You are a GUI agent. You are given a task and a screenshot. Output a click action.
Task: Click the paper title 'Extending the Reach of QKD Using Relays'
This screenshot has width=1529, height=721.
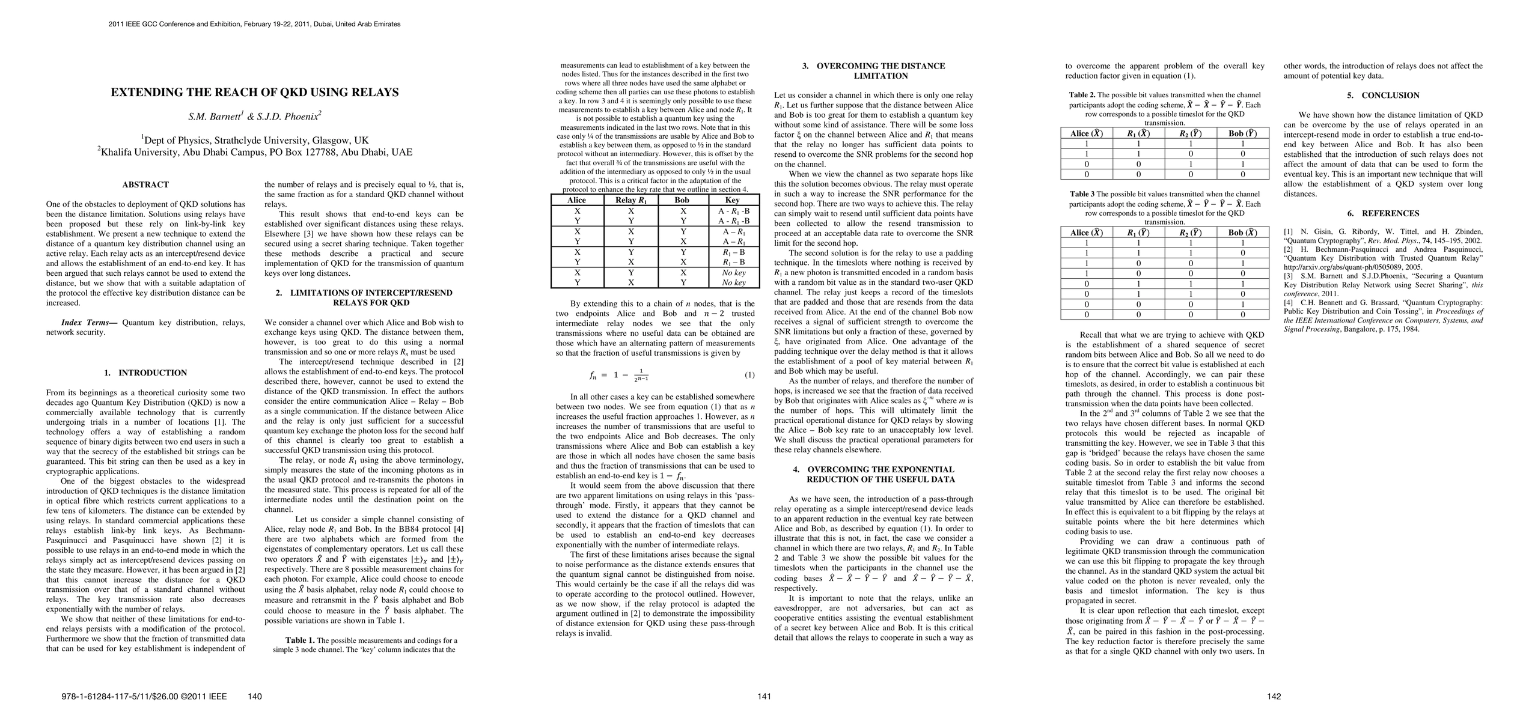click(254, 93)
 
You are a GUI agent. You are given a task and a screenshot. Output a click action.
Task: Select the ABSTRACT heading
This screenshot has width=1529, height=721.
click(145, 184)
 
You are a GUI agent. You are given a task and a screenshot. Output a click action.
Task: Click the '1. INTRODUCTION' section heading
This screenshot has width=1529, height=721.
click(145, 373)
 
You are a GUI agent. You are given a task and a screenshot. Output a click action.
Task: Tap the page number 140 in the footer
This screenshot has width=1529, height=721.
click(255, 696)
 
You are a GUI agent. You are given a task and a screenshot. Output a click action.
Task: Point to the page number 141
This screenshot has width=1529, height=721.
click(764, 696)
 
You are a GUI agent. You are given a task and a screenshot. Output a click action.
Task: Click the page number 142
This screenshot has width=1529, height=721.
click(1274, 696)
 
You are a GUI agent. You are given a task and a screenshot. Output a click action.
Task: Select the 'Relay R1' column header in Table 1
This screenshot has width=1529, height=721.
click(631, 200)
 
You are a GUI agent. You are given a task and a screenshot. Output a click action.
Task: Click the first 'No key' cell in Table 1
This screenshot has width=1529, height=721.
click(733, 273)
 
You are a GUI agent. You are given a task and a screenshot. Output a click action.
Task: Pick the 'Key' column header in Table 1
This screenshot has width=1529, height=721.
click(733, 200)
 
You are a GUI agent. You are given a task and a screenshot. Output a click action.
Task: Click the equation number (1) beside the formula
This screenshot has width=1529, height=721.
click(749, 375)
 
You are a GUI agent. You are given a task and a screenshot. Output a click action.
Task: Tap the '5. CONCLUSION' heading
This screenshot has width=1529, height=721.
click(1382, 96)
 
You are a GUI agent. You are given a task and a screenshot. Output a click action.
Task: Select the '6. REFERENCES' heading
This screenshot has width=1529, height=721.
click(1382, 213)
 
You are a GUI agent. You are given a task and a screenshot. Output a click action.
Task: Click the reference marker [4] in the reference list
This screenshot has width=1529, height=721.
click(1289, 303)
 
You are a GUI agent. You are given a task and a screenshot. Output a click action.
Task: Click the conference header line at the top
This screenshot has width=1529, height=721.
click(254, 24)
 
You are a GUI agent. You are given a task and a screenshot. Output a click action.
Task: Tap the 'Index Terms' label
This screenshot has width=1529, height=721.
click(90, 323)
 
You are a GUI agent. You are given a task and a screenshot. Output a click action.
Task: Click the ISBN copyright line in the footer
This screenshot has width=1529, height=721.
click(144, 696)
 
